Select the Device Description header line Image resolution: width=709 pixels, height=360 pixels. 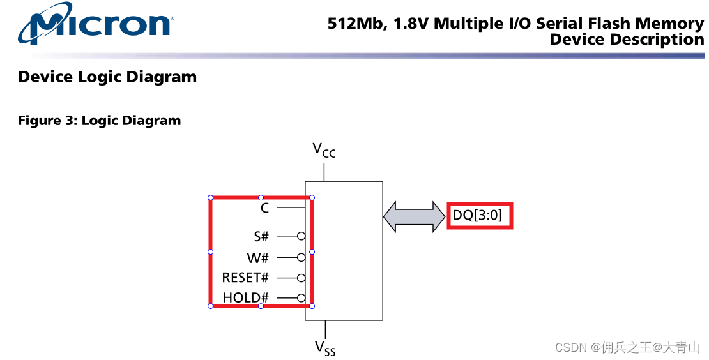(626, 40)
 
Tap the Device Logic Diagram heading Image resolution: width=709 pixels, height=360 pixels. (107, 77)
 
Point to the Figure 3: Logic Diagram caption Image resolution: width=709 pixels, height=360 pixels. (99, 121)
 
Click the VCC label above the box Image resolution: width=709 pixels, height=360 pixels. (324, 150)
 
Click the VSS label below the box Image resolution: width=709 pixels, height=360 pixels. (324, 348)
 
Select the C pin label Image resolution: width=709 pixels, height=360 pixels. (264, 208)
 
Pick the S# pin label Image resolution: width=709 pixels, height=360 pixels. (261, 237)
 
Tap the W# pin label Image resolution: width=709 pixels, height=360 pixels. (258, 258)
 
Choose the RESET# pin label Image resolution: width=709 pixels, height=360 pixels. (245, 278)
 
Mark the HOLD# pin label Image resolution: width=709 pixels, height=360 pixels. (246, 298)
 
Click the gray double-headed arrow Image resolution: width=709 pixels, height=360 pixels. (414, 216)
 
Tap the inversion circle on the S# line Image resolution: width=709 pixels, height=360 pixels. (301, 236)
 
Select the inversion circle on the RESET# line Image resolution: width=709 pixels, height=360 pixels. (301, 278)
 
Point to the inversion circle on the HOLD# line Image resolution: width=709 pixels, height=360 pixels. (301, 298)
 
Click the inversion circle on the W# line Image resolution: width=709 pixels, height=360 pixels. (301, 257)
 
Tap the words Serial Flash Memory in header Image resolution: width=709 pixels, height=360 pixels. (620, 24)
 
